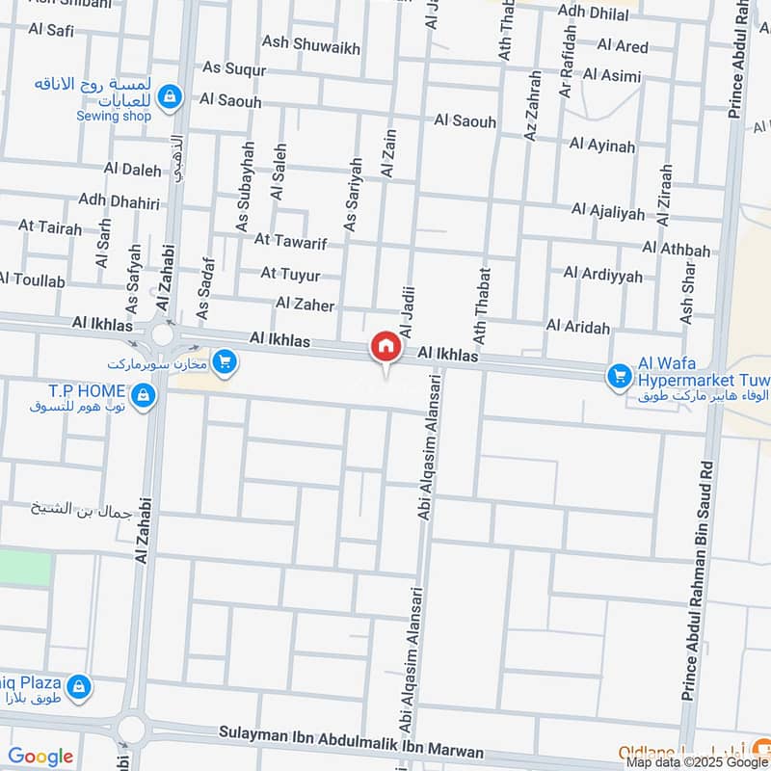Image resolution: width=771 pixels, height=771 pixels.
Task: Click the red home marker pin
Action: click(385, 347)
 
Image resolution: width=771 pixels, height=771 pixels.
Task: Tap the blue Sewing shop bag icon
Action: click(170, 95)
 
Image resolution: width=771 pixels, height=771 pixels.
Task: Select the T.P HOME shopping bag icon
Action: click(143, 394)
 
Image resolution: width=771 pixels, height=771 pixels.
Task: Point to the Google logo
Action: click(40, 757)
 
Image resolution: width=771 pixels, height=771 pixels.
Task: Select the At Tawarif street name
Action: click(287, 239)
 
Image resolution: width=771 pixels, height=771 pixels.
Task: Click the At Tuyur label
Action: click(289, 274)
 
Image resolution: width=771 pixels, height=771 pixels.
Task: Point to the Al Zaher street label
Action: click(305, 305)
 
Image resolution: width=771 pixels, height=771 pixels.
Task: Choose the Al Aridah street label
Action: click(577, 327)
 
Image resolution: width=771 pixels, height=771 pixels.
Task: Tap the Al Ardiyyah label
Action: click(602, 275)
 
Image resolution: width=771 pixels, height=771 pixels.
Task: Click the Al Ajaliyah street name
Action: click(607, 210)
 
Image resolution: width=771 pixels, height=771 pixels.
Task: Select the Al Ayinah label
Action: click(602, 146)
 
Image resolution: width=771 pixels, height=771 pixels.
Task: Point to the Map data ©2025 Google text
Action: click(696, 761)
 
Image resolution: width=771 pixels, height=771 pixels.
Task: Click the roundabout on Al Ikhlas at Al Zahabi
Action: click(161, 336)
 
